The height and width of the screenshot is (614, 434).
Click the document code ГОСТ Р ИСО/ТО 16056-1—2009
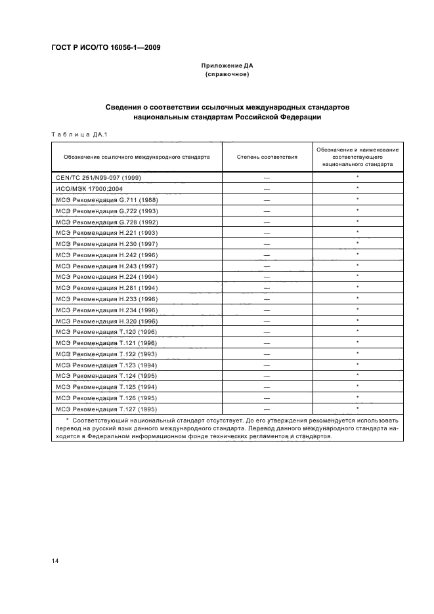[x=106, y=48]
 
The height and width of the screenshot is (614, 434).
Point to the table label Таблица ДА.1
[x=78, y=135]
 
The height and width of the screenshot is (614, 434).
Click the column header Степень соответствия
[x=267, y=157]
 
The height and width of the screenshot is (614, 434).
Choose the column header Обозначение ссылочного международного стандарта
[x=137, y=157]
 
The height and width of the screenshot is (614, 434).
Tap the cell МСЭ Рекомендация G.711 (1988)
[x=106, y=199]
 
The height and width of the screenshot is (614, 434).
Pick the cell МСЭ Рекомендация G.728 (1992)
[x=106, y=221]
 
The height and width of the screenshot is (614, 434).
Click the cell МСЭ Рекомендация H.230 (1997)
[x=106, y=243]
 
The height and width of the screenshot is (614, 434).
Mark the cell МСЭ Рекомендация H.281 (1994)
[x=106, y=287]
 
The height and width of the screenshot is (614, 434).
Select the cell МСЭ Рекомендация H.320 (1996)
[x=106, y=321]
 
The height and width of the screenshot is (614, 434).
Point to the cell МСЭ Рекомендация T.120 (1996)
[x=106, y=332]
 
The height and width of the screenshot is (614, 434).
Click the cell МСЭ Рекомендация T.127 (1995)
[x=106, y=409]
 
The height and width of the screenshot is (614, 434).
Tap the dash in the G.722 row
[x=267, y=211]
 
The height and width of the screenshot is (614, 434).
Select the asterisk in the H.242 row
[x=357, y=255]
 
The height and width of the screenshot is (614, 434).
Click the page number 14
[x=54, y=560]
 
